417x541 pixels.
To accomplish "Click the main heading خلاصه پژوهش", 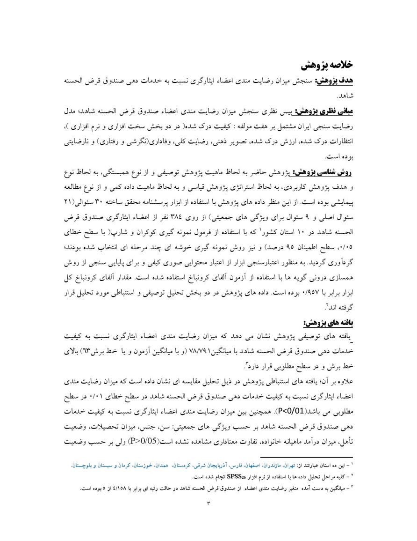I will [326, 64].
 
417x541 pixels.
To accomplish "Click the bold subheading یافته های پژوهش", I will [328, 323].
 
